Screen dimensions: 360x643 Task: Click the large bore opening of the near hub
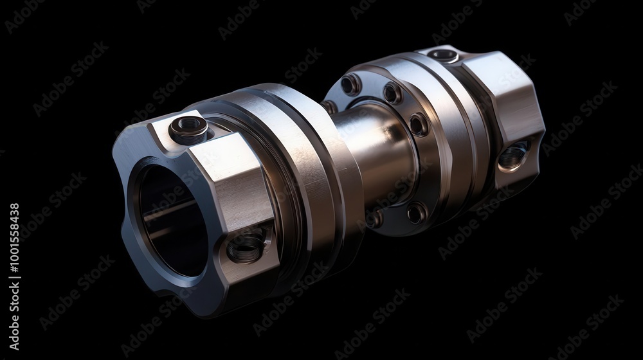tap(170, 219)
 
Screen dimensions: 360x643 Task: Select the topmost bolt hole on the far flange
tap(350, 84)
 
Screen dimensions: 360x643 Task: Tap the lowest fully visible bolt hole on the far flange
tap(416, 212)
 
